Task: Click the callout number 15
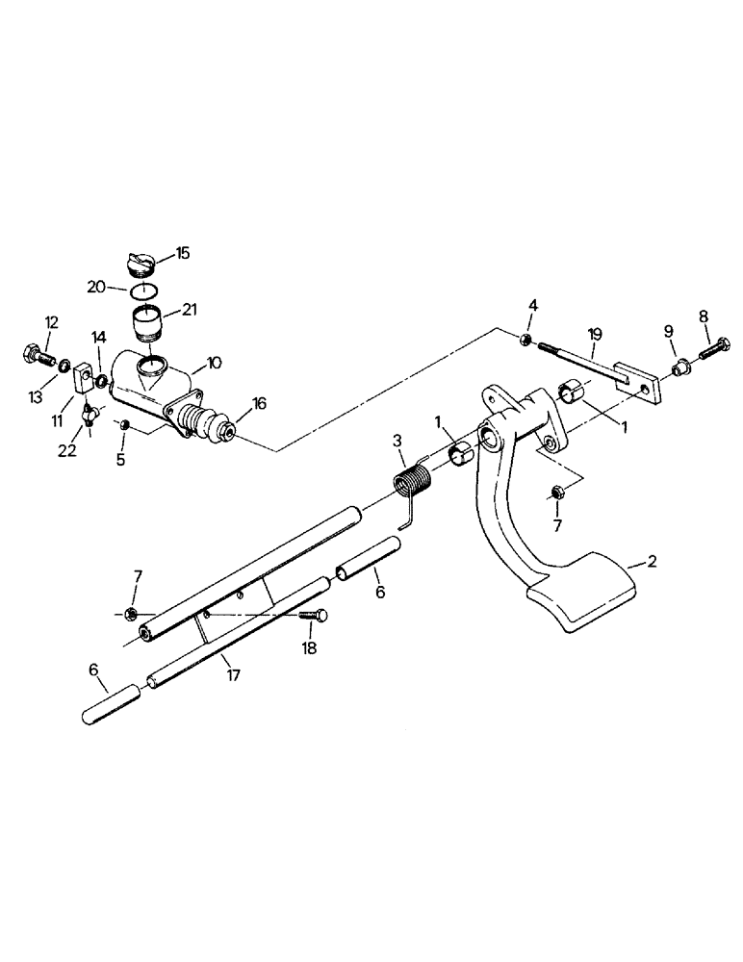pyautogui.click(x=182, y=254)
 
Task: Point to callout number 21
pyautogui.click(x=187, y=310)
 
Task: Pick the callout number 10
pyautogui.click(x=214, y=363)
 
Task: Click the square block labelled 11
pyautogui.click(x=82, y=373)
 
